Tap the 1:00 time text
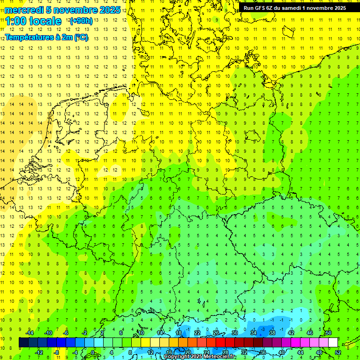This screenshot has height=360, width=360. [15, 21]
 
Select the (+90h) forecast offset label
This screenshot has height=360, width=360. [81, 21]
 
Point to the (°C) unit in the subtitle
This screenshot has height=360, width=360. [81, 37]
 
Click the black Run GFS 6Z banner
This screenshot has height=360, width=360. [294, 8]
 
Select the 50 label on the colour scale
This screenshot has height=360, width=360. [329, 333]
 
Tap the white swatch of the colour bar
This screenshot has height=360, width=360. [333, 342]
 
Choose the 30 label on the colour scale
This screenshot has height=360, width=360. [235, 333]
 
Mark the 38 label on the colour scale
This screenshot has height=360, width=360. [272, 333]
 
